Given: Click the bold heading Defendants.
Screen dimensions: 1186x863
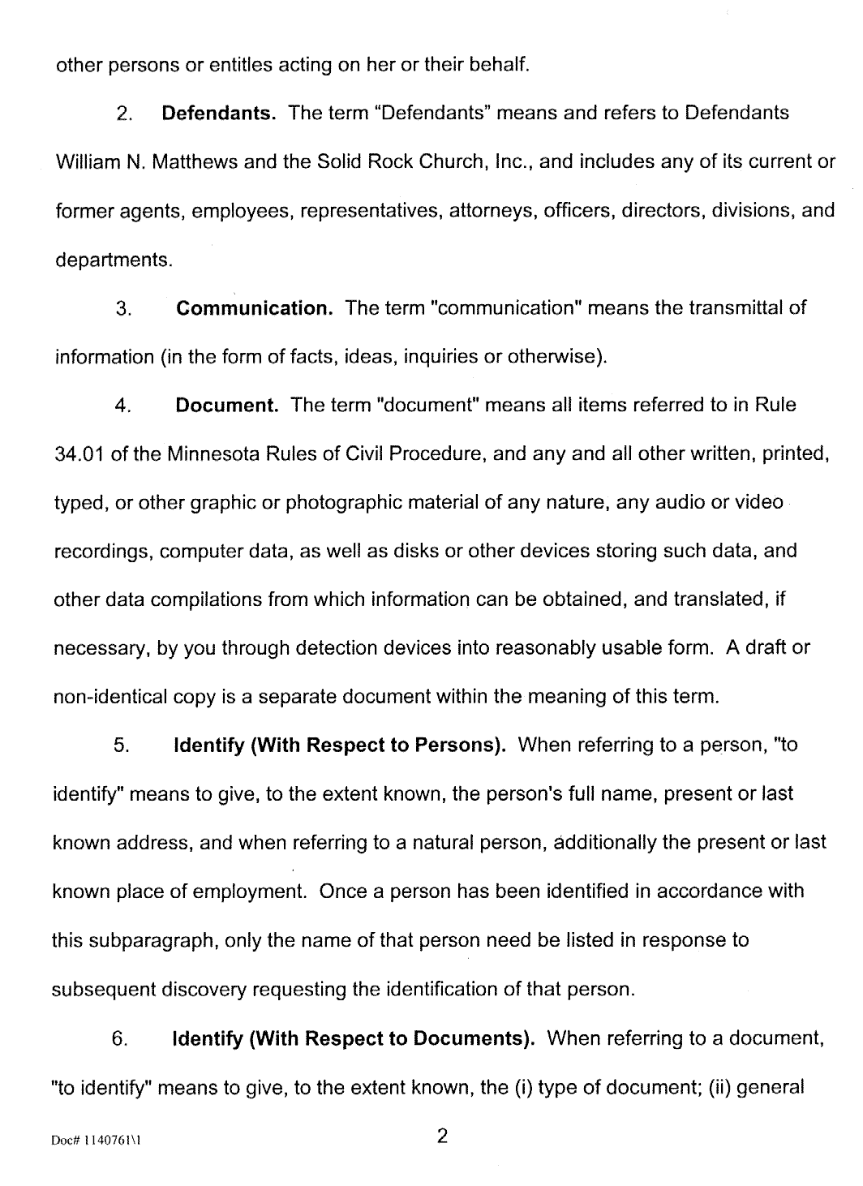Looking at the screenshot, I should [x=220, y=113].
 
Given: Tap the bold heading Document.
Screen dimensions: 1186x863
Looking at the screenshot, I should [x=227, y=405].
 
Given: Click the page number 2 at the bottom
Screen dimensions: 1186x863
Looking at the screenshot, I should [x=442, y=1136].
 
